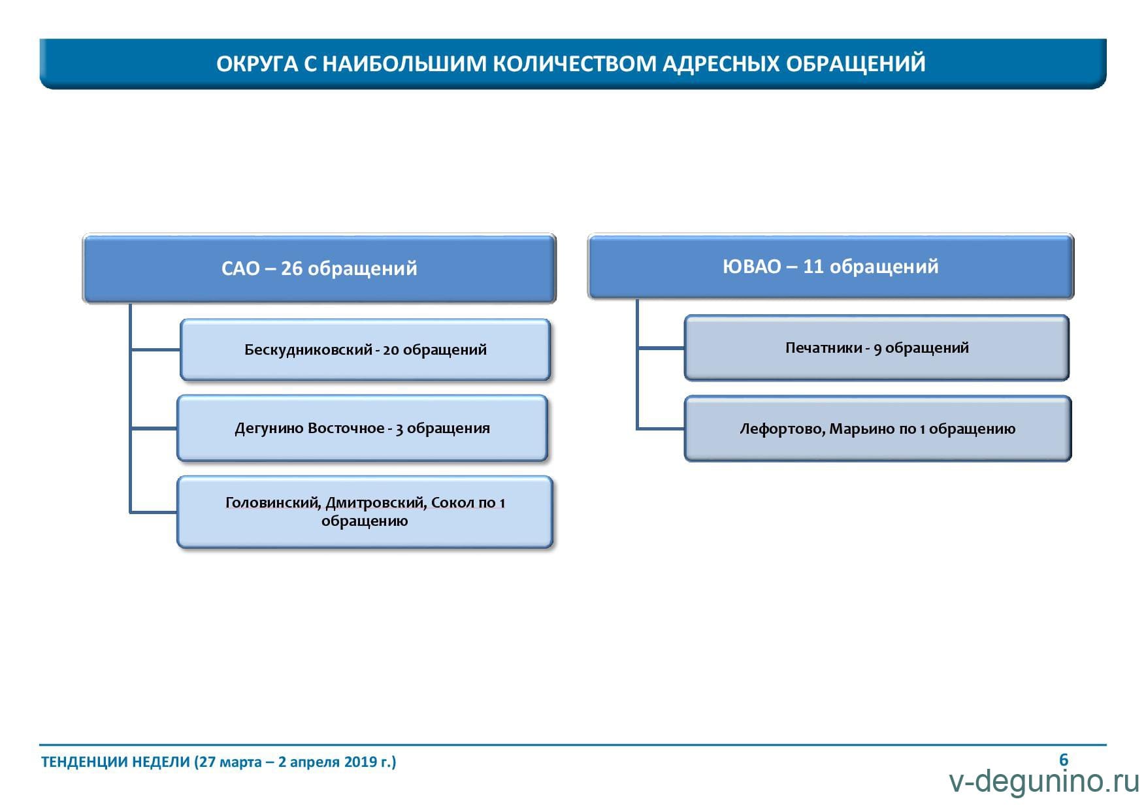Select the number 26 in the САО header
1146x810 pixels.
point(291,268)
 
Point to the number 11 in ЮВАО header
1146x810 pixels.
point(813,267)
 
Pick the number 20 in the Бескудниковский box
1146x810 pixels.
point(391,350)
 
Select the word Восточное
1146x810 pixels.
point(346,429)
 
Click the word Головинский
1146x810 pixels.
point(273,503)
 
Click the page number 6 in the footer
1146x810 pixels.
point(1064,760)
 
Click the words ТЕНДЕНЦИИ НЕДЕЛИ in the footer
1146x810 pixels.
point(116,762)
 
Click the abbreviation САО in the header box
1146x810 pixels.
point(241,268)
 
